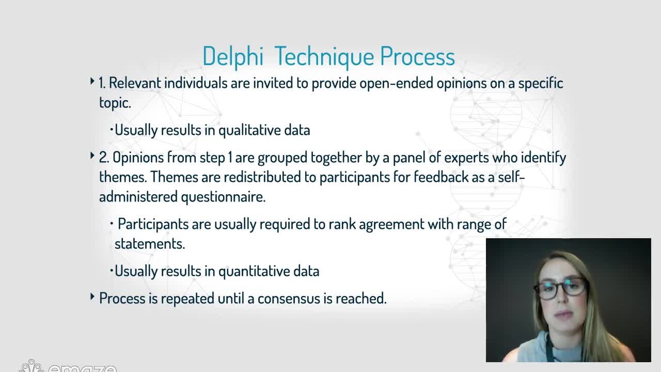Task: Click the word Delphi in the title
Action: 233,56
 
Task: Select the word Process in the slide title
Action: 418,56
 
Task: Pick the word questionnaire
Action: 224,197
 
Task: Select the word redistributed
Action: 262,177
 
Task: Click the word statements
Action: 150,244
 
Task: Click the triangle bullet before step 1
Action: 92,81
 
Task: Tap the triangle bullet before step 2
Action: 92,156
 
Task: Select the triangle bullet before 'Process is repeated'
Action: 92,297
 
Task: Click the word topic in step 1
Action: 115,103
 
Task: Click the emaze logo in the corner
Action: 67,366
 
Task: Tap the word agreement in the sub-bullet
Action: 391,224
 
